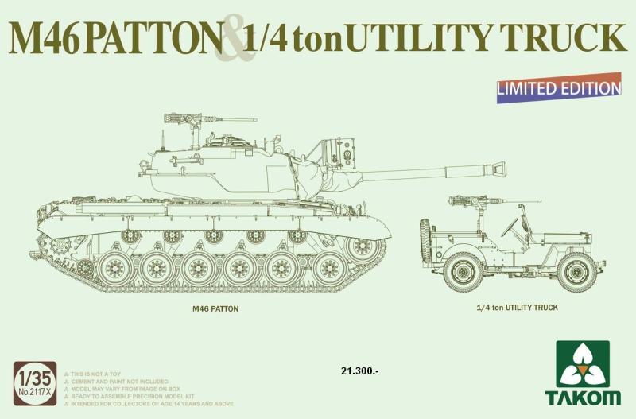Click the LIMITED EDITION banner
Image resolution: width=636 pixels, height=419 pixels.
pos(559,88)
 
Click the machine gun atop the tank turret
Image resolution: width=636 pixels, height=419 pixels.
pos(184,118)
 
